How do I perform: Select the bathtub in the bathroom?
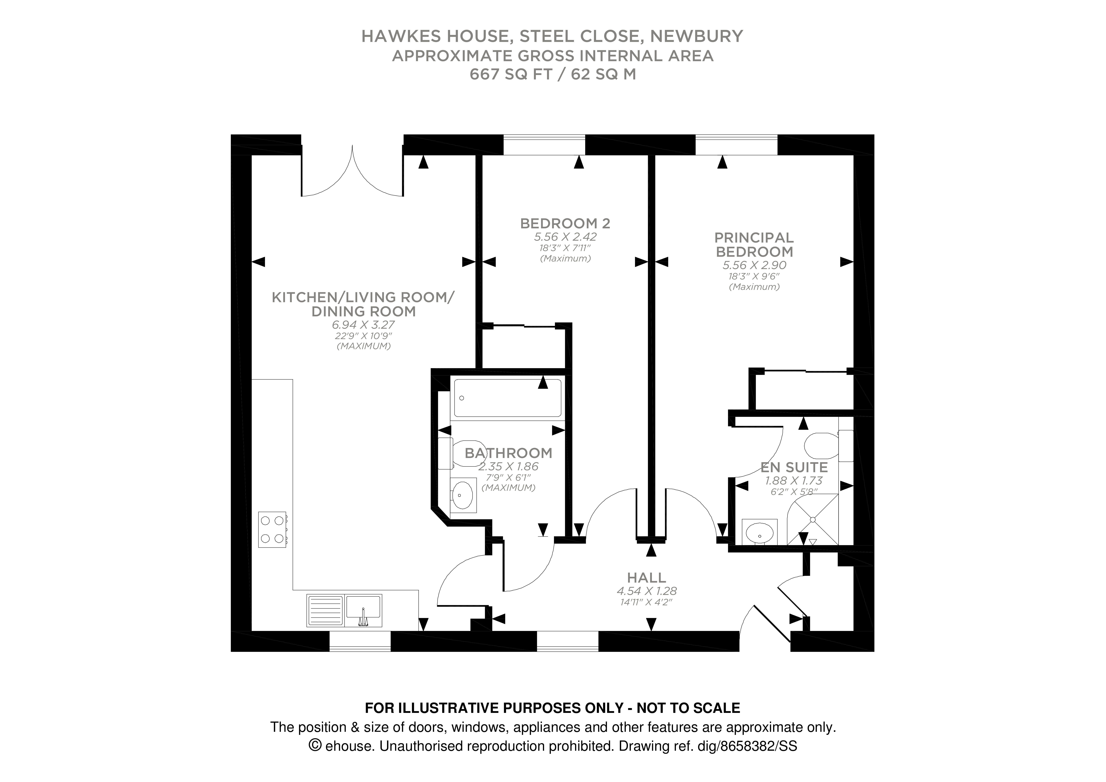[507, 398]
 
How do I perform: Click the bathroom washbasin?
[463, 495]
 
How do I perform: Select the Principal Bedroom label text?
[754, 245]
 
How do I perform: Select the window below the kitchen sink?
[360, 641]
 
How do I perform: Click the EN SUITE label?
[794, 467]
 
